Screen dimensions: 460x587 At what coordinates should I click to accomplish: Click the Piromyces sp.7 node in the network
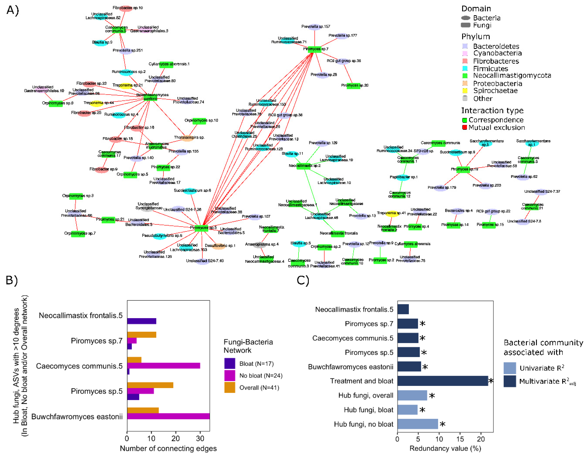pyautogui.click(x=314, y=49)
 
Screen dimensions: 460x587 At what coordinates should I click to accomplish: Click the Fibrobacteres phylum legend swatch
pyautogui.click(x=465, y=61)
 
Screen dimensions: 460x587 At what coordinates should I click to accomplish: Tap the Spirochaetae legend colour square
pyautogui.click(x=465, y=91)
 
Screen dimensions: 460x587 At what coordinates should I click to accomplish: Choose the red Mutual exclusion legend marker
pyautogui.click(x=464, y=127)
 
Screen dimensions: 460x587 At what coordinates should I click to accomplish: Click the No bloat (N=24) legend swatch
pyautogui.click(x=230, y=375)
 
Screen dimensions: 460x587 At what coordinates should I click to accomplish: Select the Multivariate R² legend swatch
pyautogui.click(x=510, y=381)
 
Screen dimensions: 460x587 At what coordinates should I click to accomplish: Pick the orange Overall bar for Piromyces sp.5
pyautogui.click(x=150, y=385)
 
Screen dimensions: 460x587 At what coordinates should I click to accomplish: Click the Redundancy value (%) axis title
pyautogui.click(x=445, y=448)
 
